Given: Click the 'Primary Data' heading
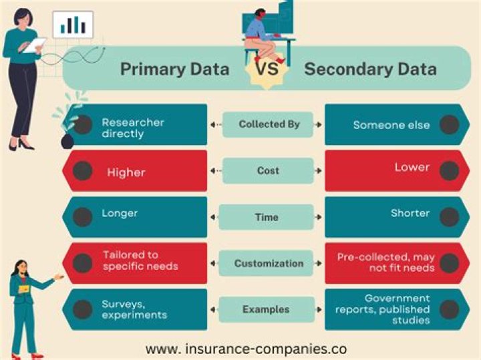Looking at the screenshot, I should (x=174, y=69).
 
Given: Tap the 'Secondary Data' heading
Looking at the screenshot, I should (x=370, y=69).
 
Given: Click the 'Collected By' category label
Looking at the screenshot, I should (x=269, y=124).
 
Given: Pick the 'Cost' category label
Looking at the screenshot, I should (x=268, y=170).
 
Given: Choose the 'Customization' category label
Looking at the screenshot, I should (x=269, y=263).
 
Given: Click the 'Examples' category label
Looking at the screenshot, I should (x=266, y=309).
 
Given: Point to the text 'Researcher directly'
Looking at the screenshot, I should (x=133, y=128).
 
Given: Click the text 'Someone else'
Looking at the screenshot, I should (x=391, y=125).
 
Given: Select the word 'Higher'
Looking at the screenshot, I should (x=126, y=173).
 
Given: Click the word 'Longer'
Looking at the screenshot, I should (x=120, y=214).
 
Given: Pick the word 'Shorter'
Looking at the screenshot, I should (x=410, y=214).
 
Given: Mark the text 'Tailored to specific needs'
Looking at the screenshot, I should (x=140, y=260).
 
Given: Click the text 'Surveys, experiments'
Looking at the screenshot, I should (x=134, y=309).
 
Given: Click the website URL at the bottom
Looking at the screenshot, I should (x=246, y=348).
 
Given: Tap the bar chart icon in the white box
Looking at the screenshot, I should (x=73, y=25).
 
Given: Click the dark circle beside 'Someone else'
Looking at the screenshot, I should (x=450, y=124).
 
